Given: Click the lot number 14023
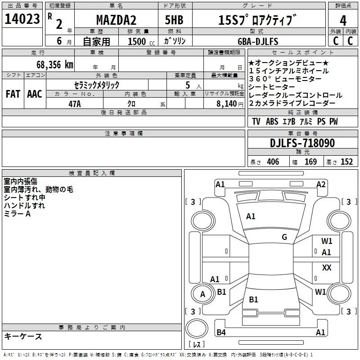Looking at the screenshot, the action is (22, 19).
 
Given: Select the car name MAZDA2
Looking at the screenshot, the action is (116, 20).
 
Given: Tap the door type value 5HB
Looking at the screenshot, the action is (174, 20).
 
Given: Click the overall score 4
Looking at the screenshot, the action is (343, 21).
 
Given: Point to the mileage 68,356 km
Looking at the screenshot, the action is (55, 65).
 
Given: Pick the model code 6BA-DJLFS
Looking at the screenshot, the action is (258, 41).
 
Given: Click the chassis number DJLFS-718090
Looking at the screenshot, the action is (302, 143).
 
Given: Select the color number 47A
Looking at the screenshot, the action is (75, 104).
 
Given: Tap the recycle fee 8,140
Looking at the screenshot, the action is (227, 104).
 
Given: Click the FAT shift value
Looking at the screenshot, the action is (13, 94).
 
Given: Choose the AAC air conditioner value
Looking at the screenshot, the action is (35, 94).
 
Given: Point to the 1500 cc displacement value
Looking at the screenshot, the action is (141, 41).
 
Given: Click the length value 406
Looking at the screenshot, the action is (273, 162).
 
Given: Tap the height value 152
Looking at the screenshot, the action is (346, 162).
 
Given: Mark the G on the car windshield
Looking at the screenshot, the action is (284, 237).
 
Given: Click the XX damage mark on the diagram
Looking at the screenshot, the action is (327, 267).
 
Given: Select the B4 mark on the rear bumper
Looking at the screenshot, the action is (221, 332).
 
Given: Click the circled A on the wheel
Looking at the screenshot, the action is (202, 294).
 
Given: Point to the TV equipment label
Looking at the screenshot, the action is (256, 121).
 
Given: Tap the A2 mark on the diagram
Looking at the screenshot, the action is (321, 184).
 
